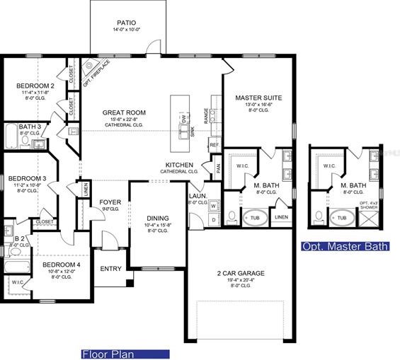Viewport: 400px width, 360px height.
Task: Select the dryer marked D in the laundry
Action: [213, 220]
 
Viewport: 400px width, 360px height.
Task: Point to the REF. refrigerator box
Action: [215, 144]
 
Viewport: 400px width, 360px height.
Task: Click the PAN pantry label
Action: [217, 168]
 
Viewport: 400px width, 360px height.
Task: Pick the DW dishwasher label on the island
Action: [183, 121]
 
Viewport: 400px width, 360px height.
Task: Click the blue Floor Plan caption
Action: [124, 353]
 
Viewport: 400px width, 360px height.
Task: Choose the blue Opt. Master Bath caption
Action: [345, 247]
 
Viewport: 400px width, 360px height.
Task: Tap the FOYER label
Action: [110, 202]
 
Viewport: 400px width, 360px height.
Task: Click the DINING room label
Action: [156, 219]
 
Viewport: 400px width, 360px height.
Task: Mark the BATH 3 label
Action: [30, 127]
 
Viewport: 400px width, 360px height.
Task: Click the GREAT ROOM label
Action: [124, 112]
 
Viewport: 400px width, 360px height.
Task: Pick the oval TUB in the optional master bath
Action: [342, 218]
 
